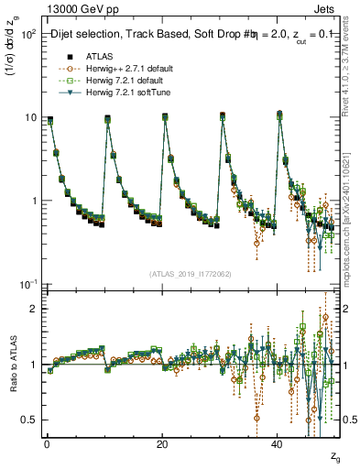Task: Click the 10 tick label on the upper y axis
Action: coord(29,117)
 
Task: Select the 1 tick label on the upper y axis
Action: coord(32,201)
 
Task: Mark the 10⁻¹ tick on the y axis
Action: coord(27,283)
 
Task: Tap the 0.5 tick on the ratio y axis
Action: coord(28,420)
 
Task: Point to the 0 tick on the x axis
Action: coord(47,442)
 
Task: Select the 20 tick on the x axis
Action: coord(162,442)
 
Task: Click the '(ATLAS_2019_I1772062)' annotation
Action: coord(191,273)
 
